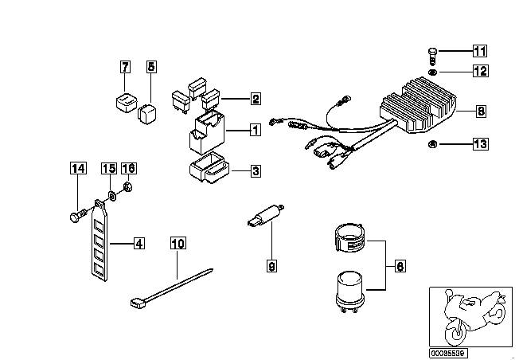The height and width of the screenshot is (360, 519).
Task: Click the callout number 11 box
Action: (x=480, y=51)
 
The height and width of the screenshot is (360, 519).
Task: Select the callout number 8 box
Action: (x=481, y=111)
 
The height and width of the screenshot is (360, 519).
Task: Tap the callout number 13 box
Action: (x=480, y=143)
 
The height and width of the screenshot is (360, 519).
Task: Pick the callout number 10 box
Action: (x=178, y=244)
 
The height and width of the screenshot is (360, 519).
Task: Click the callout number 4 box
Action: (x=139, y=244)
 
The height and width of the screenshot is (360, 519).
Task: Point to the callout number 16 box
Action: (x=128, y=168)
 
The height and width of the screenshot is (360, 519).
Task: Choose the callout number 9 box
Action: (x=271, y=265)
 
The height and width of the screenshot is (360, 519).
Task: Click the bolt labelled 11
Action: (x=432, y=57)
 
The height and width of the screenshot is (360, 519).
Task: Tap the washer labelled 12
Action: (x=432, y=72)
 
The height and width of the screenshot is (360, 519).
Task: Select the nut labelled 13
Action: (x=432, y=144)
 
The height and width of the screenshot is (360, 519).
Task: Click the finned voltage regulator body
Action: (x=419, y=105)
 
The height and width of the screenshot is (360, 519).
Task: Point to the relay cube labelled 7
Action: (x=127, y=102)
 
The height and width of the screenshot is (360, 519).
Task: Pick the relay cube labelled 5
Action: (x=147, y=114)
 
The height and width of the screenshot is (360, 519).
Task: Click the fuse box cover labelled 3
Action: (x=209, y=167)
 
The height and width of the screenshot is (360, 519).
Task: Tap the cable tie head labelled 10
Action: (x=139, y=303)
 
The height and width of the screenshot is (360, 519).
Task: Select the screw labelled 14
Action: (x=77, y=215)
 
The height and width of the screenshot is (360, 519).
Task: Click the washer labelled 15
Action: (x=112, y=197)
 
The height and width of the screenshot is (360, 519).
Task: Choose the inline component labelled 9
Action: (x=265, y=215)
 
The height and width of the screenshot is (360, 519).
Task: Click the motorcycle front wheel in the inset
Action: (x=456, y=332)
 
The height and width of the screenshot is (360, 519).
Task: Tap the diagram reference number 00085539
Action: (x=448, y=353)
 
